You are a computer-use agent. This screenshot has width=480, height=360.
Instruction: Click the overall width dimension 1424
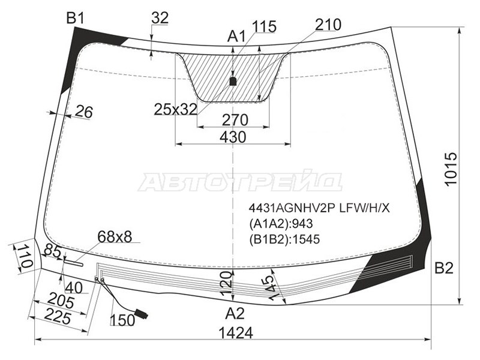coord(236,333)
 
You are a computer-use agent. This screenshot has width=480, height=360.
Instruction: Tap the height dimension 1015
coord(451,169)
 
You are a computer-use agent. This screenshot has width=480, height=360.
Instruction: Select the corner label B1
coord(76,19)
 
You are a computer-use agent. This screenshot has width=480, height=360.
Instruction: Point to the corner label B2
coord(444,268)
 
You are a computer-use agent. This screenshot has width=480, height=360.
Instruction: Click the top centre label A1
coord(236,37)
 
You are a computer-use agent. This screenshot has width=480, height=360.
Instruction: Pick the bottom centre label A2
coord(235,313)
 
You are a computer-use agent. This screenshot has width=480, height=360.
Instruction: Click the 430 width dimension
coord(233,137)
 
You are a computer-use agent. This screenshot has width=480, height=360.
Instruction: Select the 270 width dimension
coord(235,120)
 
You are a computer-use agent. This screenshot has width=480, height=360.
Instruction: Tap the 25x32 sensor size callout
coord(175,109)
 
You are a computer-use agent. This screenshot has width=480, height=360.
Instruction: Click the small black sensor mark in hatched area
coord(233,81)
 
